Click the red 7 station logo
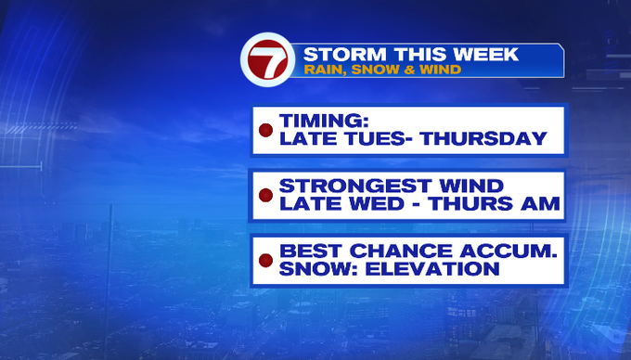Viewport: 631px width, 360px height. pyautogui.click(x=268, y=59)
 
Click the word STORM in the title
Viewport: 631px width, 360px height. pyautogui.click(x=345, y=55)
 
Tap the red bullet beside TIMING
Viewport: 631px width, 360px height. pyautogui.click(x=265, y=130)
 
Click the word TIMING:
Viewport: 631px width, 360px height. pyautogui.click(x=324, y=121)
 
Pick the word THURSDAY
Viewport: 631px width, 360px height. pyautogui.click(x=483, y=139)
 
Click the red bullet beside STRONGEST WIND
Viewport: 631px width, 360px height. pyautogui.click(x=265, y=195)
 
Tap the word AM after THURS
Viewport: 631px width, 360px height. pyautogui.click(x=540, y=203)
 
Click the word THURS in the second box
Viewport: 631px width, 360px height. pyautogui.click(x=470, y=203)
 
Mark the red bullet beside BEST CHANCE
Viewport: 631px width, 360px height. pyautogui.click(x=265, y=260)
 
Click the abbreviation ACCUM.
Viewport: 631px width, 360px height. pyautogui.click(x=509, y=251)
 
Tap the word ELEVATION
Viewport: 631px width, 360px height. pyautogui.click(x=432, y=269)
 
